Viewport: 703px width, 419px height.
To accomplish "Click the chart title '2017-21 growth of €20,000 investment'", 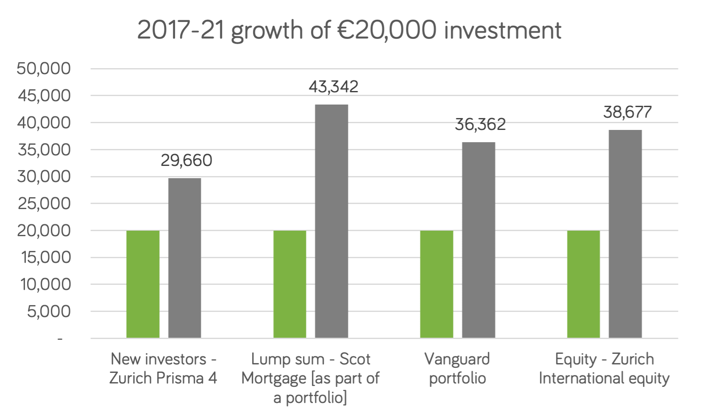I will (349, 30).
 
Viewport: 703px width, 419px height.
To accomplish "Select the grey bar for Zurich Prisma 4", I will (185, 258).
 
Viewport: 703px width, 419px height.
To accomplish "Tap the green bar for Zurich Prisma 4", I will (143, 284).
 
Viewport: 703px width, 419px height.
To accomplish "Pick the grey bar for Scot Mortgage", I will (331, 221).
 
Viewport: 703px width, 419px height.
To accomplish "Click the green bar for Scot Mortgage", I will (290, 284).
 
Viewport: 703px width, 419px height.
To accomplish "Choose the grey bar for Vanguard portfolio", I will (478, 240).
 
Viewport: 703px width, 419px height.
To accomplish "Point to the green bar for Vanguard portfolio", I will (436, 284).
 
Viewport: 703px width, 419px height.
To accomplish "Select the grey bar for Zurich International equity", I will (625, 234).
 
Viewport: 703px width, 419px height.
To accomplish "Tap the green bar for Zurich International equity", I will (584, 284).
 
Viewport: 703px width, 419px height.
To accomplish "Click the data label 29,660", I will (186, 160).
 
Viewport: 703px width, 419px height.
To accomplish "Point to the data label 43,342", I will (333, 87).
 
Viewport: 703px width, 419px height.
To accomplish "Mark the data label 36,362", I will (480, 124).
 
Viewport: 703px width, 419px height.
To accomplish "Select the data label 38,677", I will (627, 112).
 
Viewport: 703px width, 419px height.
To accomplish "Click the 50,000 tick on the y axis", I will (44, 69).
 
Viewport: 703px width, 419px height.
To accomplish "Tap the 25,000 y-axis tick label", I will (44, 204).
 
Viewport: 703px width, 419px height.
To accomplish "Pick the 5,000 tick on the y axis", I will (49, 311).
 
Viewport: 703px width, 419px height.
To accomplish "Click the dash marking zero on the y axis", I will (60, 339).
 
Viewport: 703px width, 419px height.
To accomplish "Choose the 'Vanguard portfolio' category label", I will (457, 368).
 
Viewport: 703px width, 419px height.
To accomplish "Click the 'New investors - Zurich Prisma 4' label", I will (164, 368).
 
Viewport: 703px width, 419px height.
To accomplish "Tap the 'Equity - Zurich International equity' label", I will (604, 368).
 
